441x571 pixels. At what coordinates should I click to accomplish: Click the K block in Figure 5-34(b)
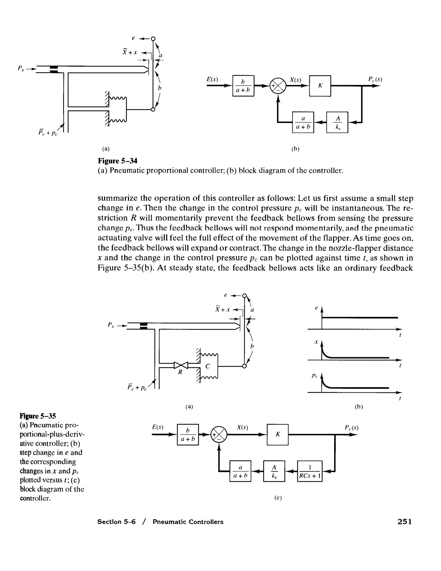point(320,86)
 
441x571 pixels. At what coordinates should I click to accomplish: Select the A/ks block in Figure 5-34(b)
point(337,122)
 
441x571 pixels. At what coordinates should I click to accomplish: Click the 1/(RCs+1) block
point(310,471)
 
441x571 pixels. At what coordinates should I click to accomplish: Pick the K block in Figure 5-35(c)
point(278,435)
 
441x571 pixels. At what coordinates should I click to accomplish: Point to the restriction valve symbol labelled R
point(181,365)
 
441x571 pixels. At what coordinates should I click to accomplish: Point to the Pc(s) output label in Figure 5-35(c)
point(351,427)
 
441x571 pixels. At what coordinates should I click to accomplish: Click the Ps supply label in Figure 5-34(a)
point(21,68)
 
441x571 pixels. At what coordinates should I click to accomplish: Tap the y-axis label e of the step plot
point(316,308)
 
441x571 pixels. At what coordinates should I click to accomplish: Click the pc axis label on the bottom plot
point(314,376)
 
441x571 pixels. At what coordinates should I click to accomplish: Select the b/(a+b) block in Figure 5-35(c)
point(188,435)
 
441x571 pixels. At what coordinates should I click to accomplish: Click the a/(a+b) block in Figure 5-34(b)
point(303,122)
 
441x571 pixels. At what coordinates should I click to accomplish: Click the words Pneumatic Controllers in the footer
point(188,522)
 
